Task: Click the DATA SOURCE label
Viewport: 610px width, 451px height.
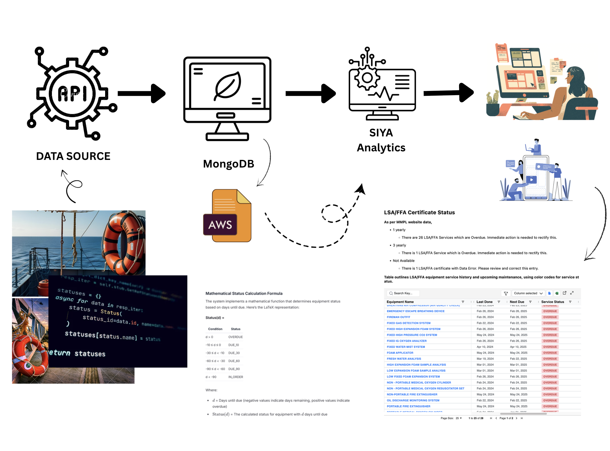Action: (73, 156)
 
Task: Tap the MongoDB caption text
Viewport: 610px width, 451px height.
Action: (229, 164)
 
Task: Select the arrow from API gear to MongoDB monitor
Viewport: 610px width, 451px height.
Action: (142, 93)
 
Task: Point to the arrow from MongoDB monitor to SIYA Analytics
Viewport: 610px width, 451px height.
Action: (311, 93)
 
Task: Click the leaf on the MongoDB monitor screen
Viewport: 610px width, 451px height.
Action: (228, 85)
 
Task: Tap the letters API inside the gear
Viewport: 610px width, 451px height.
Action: (73, 93)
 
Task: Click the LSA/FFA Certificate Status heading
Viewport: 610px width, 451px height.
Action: (419, 212)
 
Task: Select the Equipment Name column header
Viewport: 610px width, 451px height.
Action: (400, 302)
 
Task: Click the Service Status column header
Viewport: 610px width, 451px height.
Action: (553, 302)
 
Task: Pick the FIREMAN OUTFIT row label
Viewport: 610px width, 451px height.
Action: (399, 317)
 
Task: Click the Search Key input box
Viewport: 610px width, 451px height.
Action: (403, 293)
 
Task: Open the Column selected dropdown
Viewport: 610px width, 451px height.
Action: (528, 293)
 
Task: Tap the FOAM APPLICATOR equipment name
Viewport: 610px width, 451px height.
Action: (400, 353)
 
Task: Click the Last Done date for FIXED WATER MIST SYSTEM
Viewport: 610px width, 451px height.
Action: (485, 347)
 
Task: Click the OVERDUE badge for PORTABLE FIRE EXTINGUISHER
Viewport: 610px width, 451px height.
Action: (550, 406)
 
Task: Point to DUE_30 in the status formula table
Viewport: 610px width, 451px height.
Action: (234, 353)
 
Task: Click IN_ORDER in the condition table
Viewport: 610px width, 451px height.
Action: (236, 377)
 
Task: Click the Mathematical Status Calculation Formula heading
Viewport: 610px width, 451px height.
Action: (244, 294)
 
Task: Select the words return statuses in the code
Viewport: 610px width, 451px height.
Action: (78, 353)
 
